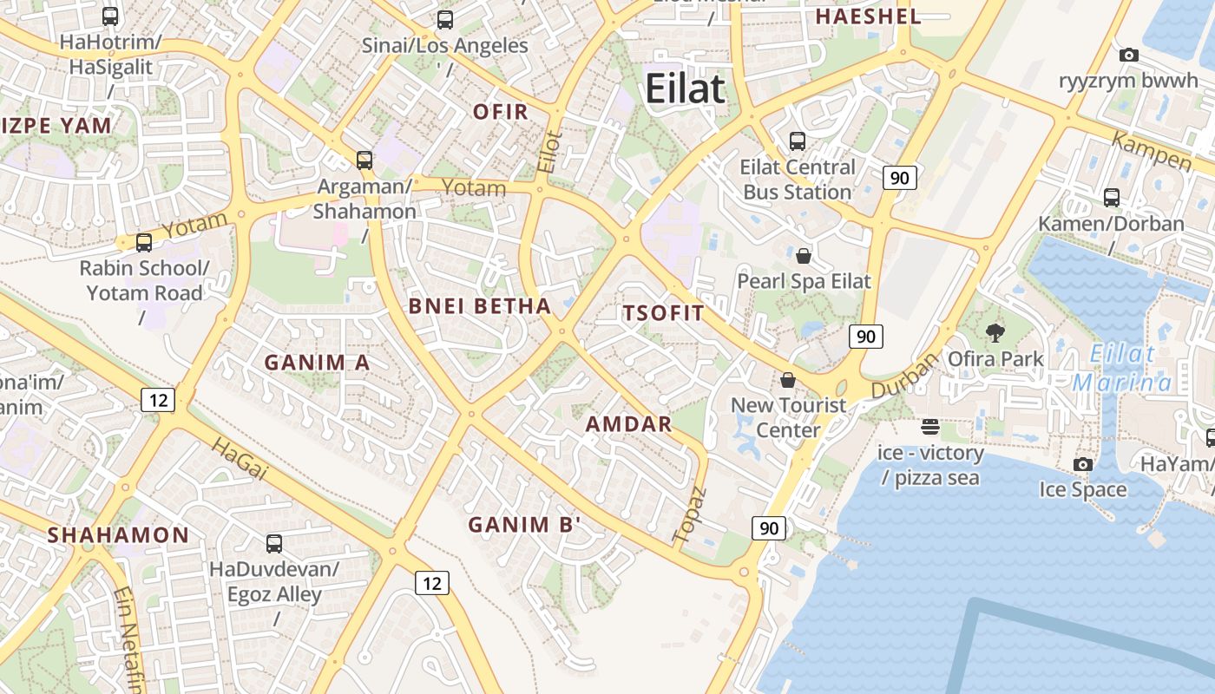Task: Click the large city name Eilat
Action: pos(685,89)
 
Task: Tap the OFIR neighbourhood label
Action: pos(501,111)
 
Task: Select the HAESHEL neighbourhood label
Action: pos(868,16)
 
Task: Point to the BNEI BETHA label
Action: pos(480,306)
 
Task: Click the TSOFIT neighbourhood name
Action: pos(664,314)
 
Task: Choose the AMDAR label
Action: pos(629,424)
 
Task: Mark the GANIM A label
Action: pos(317,363)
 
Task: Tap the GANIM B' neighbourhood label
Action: pos(524,525)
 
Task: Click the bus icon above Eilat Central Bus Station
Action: pos(797,141)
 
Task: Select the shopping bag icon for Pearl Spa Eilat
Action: pos(804,256)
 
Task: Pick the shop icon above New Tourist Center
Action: pos(788,380)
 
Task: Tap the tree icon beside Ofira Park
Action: pos(995,332)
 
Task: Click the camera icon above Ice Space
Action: pos(1082,465)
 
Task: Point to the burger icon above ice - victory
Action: pos(930,427)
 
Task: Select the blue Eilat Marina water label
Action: pos(1122,368)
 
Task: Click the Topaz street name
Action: pos(691,515)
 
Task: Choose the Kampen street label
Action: pos(1151,152)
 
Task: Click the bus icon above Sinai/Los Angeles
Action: pos(445,19)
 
